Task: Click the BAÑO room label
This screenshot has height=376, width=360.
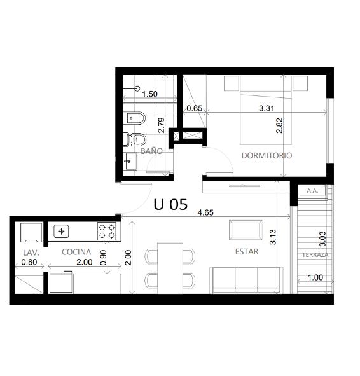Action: [151, 151]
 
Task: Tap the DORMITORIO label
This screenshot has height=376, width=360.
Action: [267, 155]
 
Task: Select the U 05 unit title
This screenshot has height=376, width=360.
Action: [170, 205]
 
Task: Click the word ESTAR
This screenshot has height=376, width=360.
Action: [247, 251]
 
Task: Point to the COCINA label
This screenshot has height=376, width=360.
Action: [76, 252]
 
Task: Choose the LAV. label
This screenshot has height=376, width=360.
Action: [31, 253]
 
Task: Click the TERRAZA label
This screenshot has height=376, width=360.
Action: [315, 255]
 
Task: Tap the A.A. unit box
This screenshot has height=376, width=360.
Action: [312, 191]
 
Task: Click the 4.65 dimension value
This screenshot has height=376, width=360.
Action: [205, 212]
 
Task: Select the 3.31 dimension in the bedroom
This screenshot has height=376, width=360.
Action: [267, 108]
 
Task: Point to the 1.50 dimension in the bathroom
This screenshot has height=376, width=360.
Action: [150, 94]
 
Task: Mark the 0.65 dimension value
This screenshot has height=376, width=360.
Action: [195, 108]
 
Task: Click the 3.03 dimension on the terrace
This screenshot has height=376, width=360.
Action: [323, 239]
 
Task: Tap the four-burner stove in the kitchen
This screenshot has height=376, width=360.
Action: [107, 231]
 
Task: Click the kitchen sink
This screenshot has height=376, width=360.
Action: [61, 231]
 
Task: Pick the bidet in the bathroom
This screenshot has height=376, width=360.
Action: [136, 118]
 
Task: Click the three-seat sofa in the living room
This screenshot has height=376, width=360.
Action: [246, 280]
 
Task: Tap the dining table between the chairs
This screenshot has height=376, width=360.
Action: [170, 268]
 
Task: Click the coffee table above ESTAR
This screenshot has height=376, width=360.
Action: [246, 230]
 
